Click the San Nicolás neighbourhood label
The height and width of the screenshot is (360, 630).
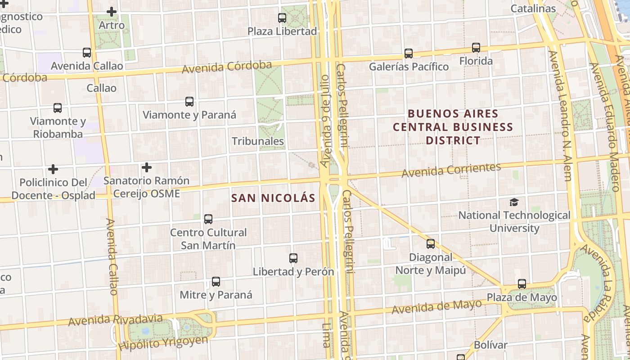point(273,198)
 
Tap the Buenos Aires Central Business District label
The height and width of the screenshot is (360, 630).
point(453,127)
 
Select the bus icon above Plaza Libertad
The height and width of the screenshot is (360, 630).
point(282,18)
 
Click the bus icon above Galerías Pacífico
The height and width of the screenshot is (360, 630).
point(409,54)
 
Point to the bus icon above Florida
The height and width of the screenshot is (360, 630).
point(476,47)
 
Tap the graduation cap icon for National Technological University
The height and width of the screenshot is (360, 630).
point(514,202)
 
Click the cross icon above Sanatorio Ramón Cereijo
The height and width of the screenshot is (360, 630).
point(146,167)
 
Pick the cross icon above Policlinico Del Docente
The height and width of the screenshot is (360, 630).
point(53,169)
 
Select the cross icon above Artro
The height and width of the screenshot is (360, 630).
point(112,12)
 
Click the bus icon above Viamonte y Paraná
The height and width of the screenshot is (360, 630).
point(189,102)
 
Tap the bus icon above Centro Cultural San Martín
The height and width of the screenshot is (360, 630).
point(208,219)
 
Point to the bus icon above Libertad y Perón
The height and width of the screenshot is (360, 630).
point(293,258)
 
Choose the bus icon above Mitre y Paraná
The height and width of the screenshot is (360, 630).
point(216,282)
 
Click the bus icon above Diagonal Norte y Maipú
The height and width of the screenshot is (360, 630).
point(431,244)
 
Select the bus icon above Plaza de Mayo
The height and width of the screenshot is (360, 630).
point(522,284)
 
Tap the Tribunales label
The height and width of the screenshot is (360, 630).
point(258,141)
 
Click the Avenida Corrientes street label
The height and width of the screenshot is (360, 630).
point(451,170)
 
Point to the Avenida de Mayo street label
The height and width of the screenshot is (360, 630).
point(436,307)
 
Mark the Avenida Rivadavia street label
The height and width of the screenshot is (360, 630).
point(115,320)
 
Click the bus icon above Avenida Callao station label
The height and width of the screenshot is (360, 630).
point(87,53)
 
